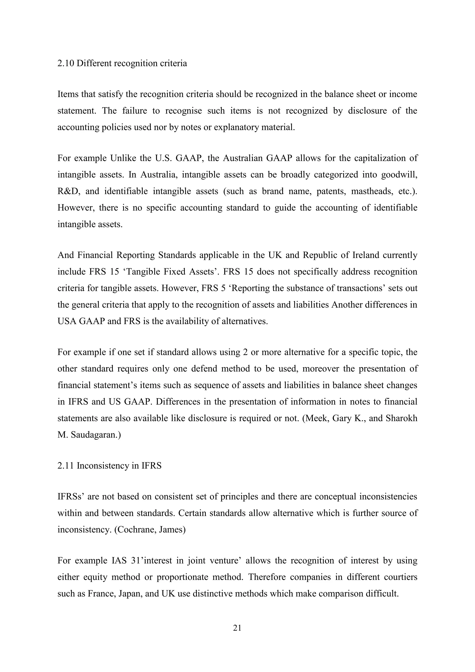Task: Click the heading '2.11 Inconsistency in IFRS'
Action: (109, 466)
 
